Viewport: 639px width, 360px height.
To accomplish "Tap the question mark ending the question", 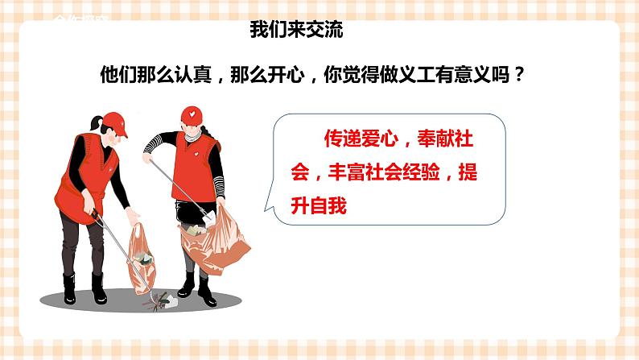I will pos(519,75).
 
